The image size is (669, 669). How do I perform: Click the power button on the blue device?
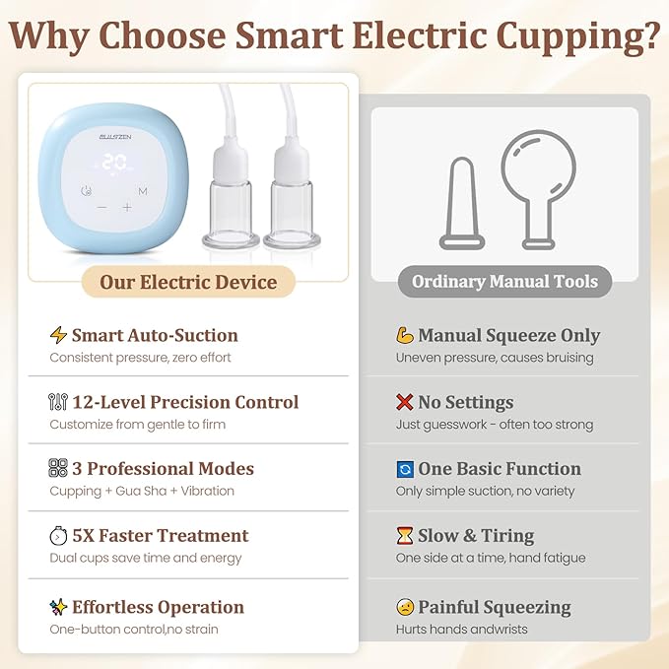[x=88, y=191]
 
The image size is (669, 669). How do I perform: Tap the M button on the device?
[x=143, y=191]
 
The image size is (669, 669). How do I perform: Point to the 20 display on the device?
[x=116, y=164]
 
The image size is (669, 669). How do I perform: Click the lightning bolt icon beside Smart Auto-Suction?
[x=58, y=335]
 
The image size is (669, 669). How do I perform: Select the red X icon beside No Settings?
[x=404, y=402]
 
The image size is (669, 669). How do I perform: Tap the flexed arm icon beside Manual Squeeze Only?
[x=404, y=336]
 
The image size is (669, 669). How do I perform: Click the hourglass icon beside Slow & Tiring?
[x=404, y=536]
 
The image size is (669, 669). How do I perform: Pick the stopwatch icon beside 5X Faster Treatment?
[x=58, y=536]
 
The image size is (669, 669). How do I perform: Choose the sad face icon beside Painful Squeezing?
[x=404, y=607]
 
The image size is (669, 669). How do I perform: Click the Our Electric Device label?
[x=188, y=283]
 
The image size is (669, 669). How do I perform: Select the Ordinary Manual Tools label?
[x=504, y=282]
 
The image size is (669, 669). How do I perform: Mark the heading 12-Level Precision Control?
[x=185, y=402]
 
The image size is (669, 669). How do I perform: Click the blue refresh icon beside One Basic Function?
[x=404, y=469]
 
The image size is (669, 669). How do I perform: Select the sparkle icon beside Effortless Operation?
[x=58, y=607]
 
